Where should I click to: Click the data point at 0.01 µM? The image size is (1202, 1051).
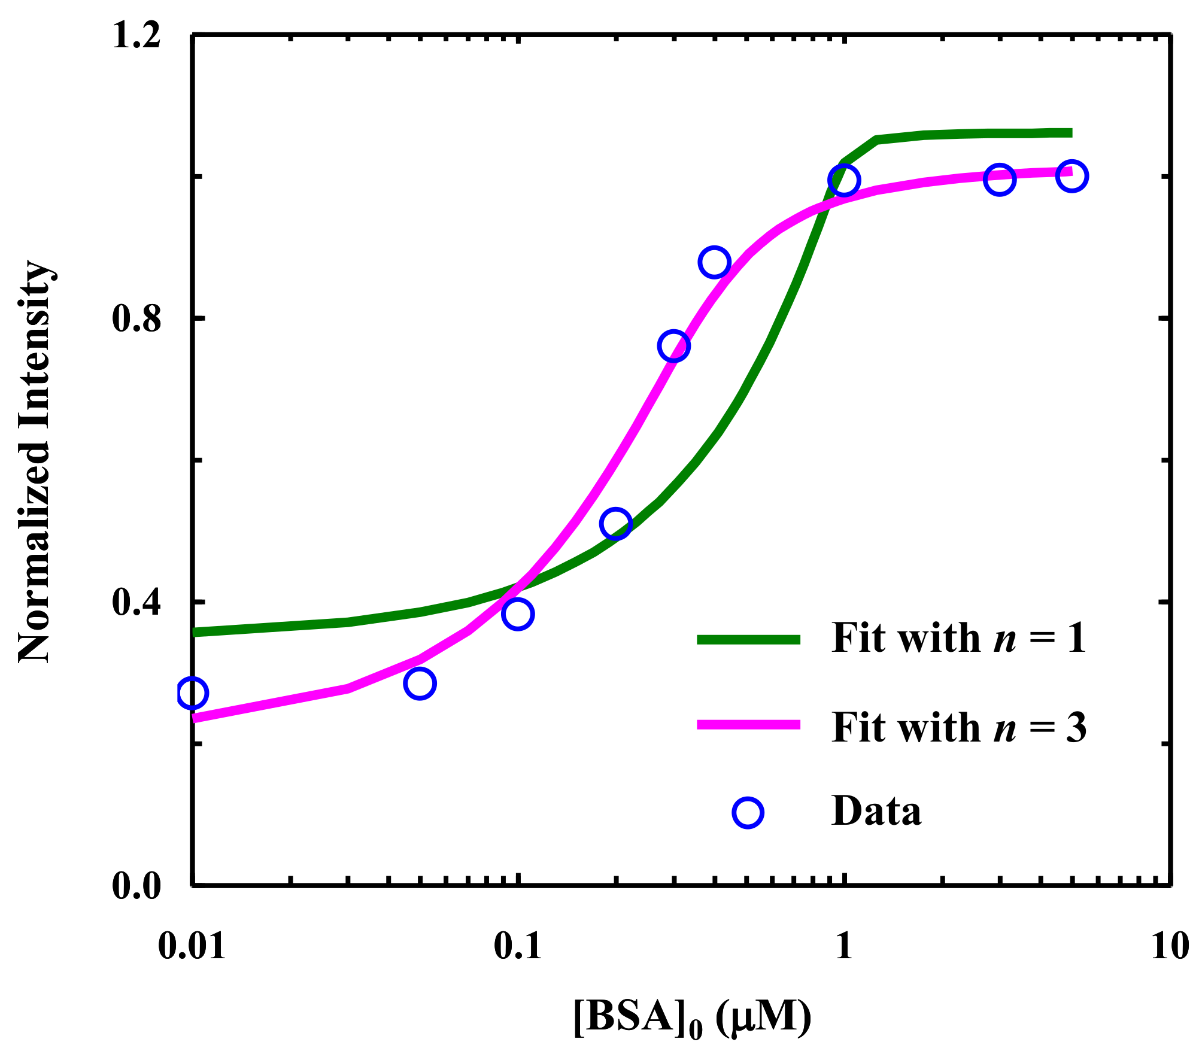click(x=192, y=693)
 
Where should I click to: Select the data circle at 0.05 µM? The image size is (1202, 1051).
click(x=419, y=684)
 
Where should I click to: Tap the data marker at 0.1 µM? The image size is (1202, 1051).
click(x=518, y=614)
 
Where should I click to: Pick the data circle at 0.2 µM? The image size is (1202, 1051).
click(x=615, y=524)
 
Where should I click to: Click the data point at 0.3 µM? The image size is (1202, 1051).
click(x=673, y=346)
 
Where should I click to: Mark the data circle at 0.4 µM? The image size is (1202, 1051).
click(x=714, y=262)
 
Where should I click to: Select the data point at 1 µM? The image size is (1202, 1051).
click(x=843, y=180)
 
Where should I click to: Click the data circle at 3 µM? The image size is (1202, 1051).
click(x=999, y=179)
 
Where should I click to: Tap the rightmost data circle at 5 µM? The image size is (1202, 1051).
click(x=1072, y=176)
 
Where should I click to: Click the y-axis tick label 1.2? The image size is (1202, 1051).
click(x=137, y=36)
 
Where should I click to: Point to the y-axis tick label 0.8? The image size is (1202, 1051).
click(x=137, y=319)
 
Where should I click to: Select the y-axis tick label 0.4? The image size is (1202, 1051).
click(x=137, y=602)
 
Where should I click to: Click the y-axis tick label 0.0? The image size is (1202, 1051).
click(x=137, y=886)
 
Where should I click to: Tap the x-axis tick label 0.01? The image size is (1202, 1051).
click(x=192, y=946)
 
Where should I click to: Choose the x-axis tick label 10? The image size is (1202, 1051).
click(x=1169, y=946)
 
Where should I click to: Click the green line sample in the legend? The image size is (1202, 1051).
click(x=748, y=639)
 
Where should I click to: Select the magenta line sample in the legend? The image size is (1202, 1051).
click(x=748, y=725)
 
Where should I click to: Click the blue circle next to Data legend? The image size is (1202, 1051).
click(x=748, y=812)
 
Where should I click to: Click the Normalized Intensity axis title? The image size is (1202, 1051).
click(x=35, y=461)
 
